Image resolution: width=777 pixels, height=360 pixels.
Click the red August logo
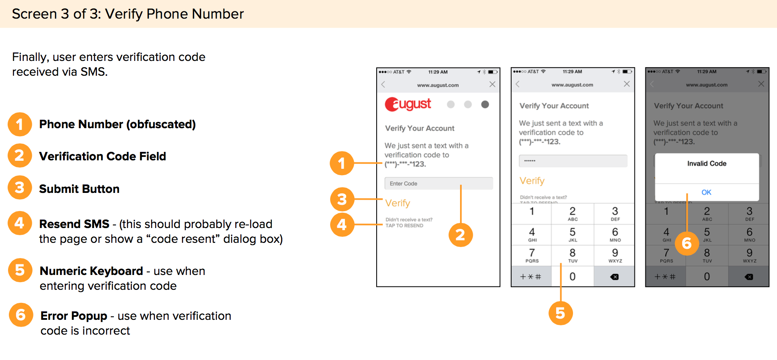(408, 104)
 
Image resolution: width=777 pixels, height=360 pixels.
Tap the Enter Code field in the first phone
(438, 183)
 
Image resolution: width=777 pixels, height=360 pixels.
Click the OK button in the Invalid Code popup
(706, 192)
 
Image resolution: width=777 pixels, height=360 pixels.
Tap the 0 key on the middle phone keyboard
(572, 277)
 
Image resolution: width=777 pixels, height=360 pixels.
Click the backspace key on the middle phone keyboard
(614, 277)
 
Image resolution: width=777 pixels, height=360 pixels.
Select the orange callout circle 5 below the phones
(560, 313)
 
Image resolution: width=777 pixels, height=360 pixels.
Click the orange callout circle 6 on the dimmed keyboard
(686, 243)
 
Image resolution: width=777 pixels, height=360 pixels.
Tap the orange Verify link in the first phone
(397, 203)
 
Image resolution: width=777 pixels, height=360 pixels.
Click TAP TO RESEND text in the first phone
(404, 226)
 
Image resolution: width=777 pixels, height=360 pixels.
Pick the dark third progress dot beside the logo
(485, 104)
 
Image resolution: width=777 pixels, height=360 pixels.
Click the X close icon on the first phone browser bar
(492, 84)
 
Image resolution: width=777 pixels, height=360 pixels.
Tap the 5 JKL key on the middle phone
(572, 234)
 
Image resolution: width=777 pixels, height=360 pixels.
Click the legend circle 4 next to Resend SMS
(19, 223)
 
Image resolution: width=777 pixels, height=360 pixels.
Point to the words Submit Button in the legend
(79, 189)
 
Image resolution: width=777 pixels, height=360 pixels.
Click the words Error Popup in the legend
(74, 316)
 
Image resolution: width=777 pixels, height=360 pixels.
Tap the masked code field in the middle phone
(573, 161)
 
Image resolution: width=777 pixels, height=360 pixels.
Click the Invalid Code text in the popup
(706, 163)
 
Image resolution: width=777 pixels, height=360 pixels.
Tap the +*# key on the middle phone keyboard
(531, 277)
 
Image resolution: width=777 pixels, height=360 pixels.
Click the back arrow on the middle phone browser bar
(517, 84)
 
